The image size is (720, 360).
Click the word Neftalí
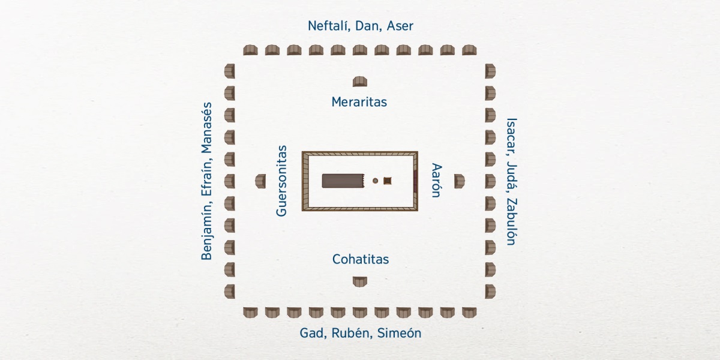click(328, 26)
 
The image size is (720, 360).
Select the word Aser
click(400, 26)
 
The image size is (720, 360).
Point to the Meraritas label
click(359, 102)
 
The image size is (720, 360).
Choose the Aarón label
click(436, 180)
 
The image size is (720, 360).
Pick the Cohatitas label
click(361, 259)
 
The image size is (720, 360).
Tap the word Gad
click(313, 334)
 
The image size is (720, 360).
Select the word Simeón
click(399, 334)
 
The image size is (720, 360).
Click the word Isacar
click(511, 133)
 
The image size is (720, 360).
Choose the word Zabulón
click(511, 221)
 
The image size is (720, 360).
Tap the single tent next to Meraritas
click(360, 82)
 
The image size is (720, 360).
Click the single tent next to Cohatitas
click(360, 281)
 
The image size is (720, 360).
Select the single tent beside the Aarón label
click(459, 181)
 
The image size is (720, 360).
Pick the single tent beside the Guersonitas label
click(260, 181)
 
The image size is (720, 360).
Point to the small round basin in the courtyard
click(376, 181)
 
